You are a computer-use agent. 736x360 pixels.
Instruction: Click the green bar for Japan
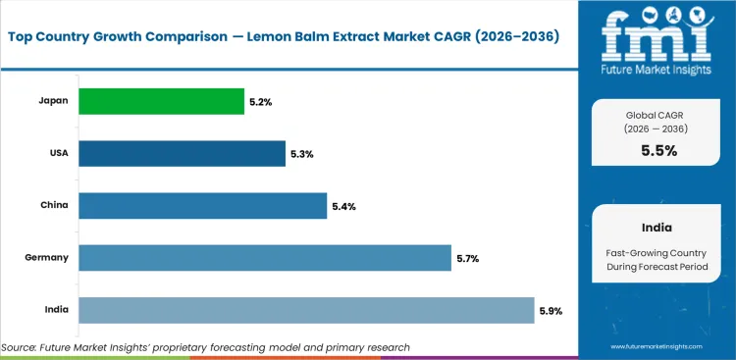click(x=161, y=101)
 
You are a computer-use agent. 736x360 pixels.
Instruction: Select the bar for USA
click(x=182, y=153)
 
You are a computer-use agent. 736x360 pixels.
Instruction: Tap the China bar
click(x=202, y=205)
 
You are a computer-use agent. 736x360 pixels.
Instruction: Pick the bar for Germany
click(x=265, y=258)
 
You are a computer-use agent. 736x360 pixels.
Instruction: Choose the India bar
click(x=306, y=310)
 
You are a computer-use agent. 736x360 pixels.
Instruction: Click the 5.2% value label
click(x=261, y=101)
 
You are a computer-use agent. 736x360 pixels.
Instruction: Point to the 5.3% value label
click(x=302, y=154)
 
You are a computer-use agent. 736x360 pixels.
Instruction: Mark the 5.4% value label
click(x=343, y=206)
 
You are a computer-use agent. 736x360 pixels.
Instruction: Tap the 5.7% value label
click(x=468, y=259)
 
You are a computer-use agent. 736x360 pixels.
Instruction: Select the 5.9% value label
click(x=551, y=311)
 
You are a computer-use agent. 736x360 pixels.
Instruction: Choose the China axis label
click(x=54, y=205)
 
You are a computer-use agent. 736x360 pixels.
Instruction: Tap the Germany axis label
click(x=47, y=258)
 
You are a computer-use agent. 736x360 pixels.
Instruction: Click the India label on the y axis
click(x=55, y=310)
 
